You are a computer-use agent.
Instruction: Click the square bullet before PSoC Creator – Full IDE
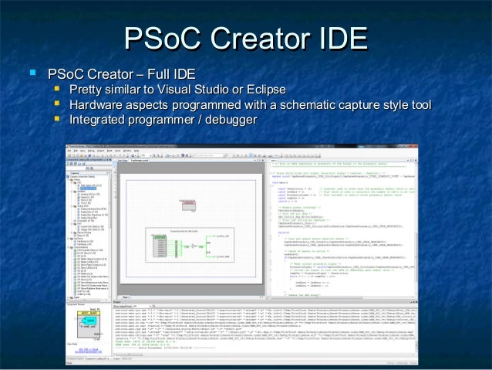32,74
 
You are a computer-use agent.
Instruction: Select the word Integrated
99,121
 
